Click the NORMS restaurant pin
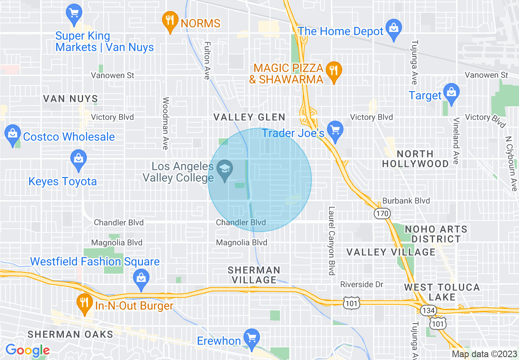(x=169, y=21)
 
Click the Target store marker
(x=451, y=94)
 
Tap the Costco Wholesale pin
(x=13, y=135)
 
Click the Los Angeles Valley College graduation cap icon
(x=224, y=170)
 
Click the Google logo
(x=27, y=350)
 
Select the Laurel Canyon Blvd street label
(x=332, y=240)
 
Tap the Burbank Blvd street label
(x=406, y=201)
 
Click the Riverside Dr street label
(x=362, y=284)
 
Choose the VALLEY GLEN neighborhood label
(x=249, y=117)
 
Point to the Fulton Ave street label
(x=207, y=61)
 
